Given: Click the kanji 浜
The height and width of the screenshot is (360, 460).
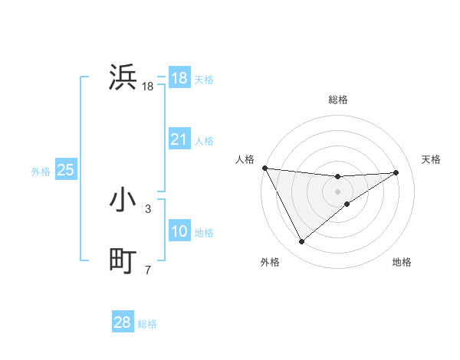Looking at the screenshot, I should [x=123, y=77].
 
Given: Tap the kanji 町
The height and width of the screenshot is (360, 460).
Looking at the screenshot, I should [x=123, y=261].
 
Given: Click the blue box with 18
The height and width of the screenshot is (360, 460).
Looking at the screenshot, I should [x=179, y=78].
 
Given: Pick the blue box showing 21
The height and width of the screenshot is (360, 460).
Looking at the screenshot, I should [x=179, y=139].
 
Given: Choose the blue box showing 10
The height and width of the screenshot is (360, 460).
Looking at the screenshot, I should [x=179, y=231].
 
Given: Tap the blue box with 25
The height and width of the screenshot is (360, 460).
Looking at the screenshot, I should [x=65, y=170].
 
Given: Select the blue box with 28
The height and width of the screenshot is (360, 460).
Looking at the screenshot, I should [x=123, y=322].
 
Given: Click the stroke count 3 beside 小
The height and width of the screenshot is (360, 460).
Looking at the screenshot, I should [x=148, y=208].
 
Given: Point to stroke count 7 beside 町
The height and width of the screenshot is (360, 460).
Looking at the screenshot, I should [x=148, y=270].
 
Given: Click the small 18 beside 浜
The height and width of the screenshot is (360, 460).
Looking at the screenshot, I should [x=148, y=87].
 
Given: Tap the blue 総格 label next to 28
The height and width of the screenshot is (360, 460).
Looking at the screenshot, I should [x=147, y=324].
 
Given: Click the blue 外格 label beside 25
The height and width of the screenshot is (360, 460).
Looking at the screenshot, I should [x=41, y=172].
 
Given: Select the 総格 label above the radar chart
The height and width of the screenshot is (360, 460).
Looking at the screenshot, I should [x=337, y=100].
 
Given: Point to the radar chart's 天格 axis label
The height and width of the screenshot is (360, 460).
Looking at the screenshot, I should [x=432, y=159].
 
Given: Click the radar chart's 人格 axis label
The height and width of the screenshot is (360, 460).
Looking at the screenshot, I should [x=245, y=159].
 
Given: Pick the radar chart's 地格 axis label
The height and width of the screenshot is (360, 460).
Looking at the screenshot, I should [x=402, y=262].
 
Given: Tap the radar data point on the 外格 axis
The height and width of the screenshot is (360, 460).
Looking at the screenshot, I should [x=301, y=242].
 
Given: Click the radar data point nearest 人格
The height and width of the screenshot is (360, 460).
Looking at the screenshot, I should [x=264, y=168].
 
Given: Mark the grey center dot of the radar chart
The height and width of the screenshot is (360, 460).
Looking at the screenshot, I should [x=337, y=191].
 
